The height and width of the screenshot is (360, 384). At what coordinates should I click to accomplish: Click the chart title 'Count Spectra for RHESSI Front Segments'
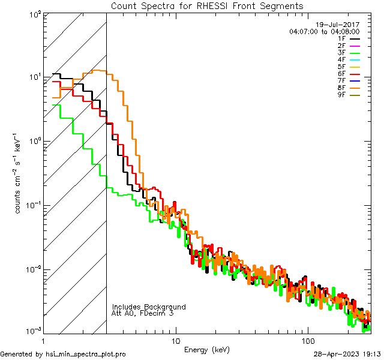pyautogui.click(x=207, y=5)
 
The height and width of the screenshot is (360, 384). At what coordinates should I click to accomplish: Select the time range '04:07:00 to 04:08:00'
pyautogui.click(x=324, y=31)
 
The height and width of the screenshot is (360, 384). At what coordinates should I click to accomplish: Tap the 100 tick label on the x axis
pyautogui.click(x=308, y=341)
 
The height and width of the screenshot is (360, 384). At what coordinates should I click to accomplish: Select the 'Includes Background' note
pyautogui.click(x=149, y=307)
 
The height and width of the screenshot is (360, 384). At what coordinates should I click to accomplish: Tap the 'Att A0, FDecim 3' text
pyautogui.click(x=143, y=313)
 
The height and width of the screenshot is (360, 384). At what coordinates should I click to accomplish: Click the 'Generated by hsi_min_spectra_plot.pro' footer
pyautogui.click(x=63, y=354)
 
